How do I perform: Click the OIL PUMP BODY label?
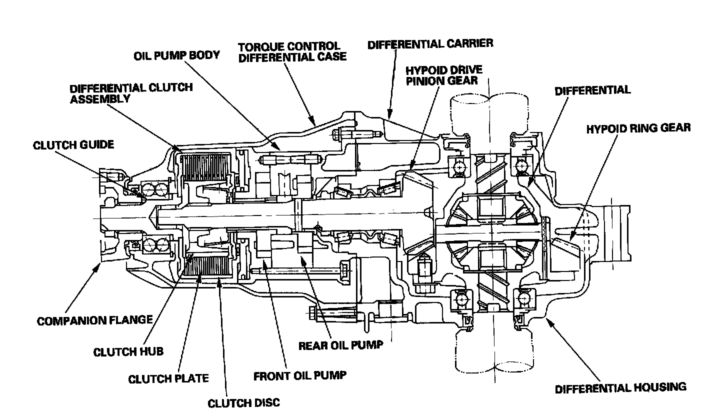176,54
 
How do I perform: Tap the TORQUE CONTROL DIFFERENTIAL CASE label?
292,52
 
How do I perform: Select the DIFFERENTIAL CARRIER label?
430,44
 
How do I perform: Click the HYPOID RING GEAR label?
638,128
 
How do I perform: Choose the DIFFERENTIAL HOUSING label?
620,387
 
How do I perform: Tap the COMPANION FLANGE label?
94,320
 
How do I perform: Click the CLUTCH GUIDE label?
73,145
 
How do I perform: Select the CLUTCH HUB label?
128,352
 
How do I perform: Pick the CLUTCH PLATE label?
168,378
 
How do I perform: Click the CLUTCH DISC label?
243,402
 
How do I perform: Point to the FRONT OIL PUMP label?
299,375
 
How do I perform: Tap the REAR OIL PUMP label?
340,345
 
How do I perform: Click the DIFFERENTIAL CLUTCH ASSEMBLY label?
131,92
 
